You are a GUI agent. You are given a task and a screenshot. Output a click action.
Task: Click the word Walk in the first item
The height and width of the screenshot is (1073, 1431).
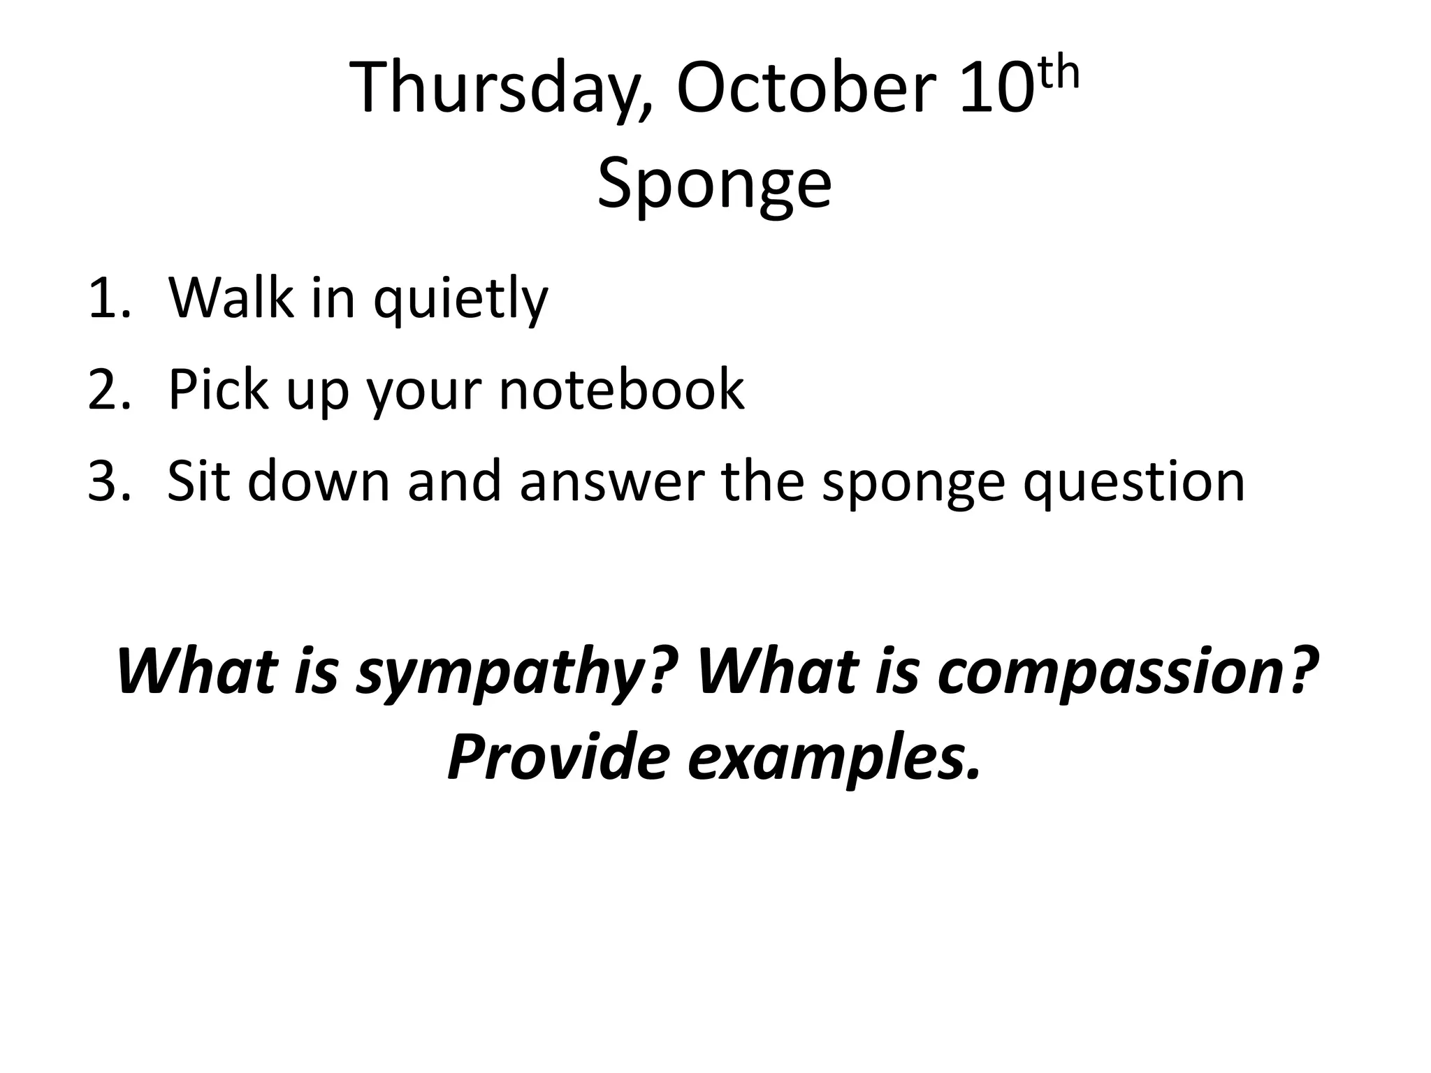tap(231, 298)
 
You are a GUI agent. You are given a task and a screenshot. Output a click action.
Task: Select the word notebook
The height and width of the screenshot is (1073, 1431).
tap(621, 389)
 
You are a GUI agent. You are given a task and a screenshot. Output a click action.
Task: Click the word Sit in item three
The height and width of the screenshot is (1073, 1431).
tap(198, 481)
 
